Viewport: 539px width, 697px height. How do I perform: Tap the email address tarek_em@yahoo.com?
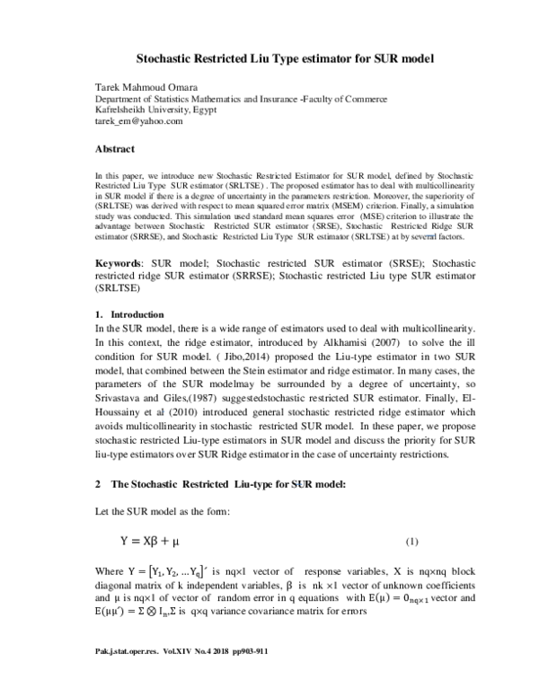pos(139,121)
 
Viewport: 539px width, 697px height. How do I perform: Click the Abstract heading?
pos(115,148)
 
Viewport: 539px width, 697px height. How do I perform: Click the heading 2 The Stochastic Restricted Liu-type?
pos(207,484)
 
